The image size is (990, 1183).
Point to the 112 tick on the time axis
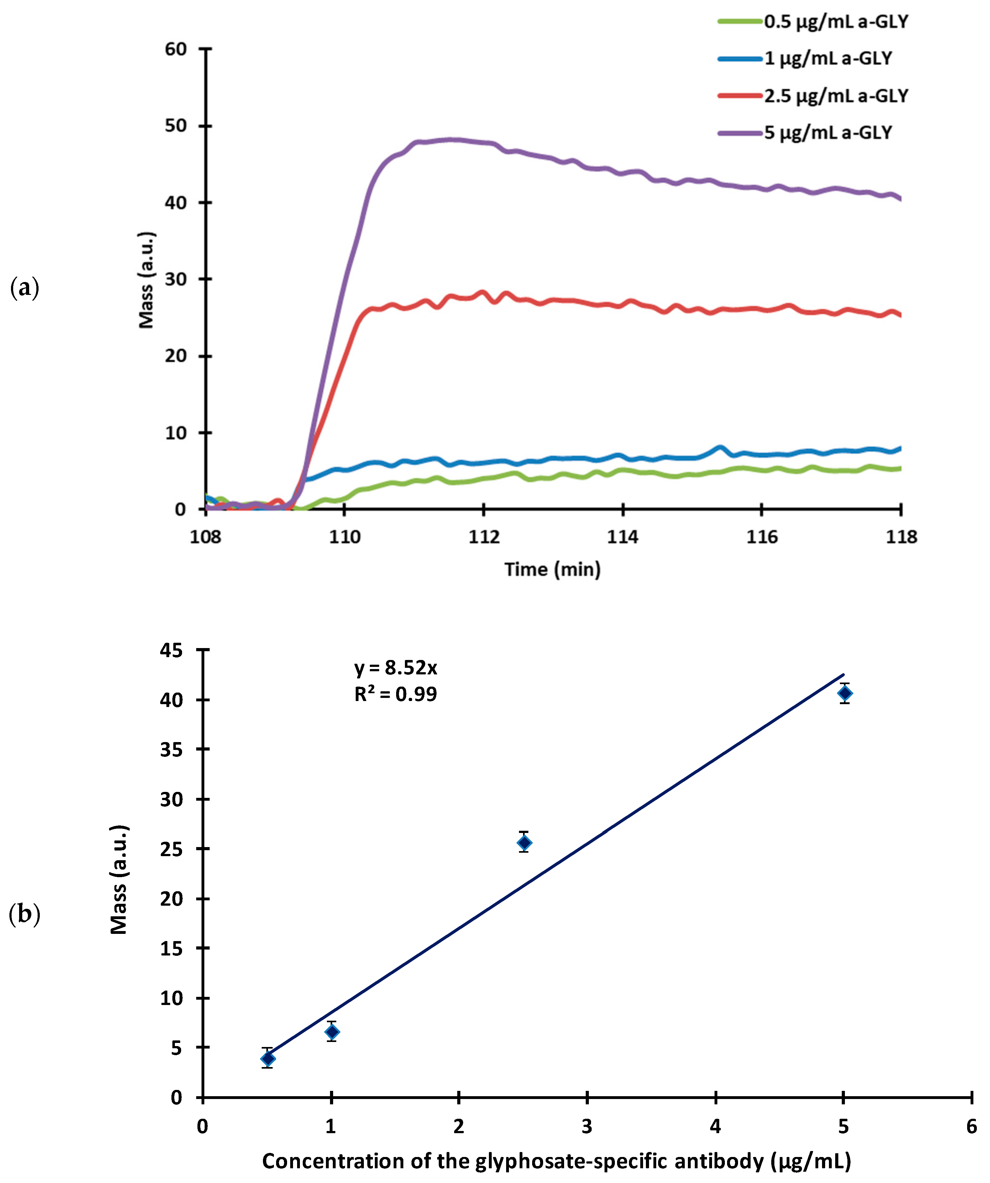coord(484,537)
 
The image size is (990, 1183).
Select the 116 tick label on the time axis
coord(762,537)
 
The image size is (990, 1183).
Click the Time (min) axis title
coord(552,569)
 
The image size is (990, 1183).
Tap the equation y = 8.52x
coord(395,668)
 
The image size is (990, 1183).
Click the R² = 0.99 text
coord(395,694)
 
